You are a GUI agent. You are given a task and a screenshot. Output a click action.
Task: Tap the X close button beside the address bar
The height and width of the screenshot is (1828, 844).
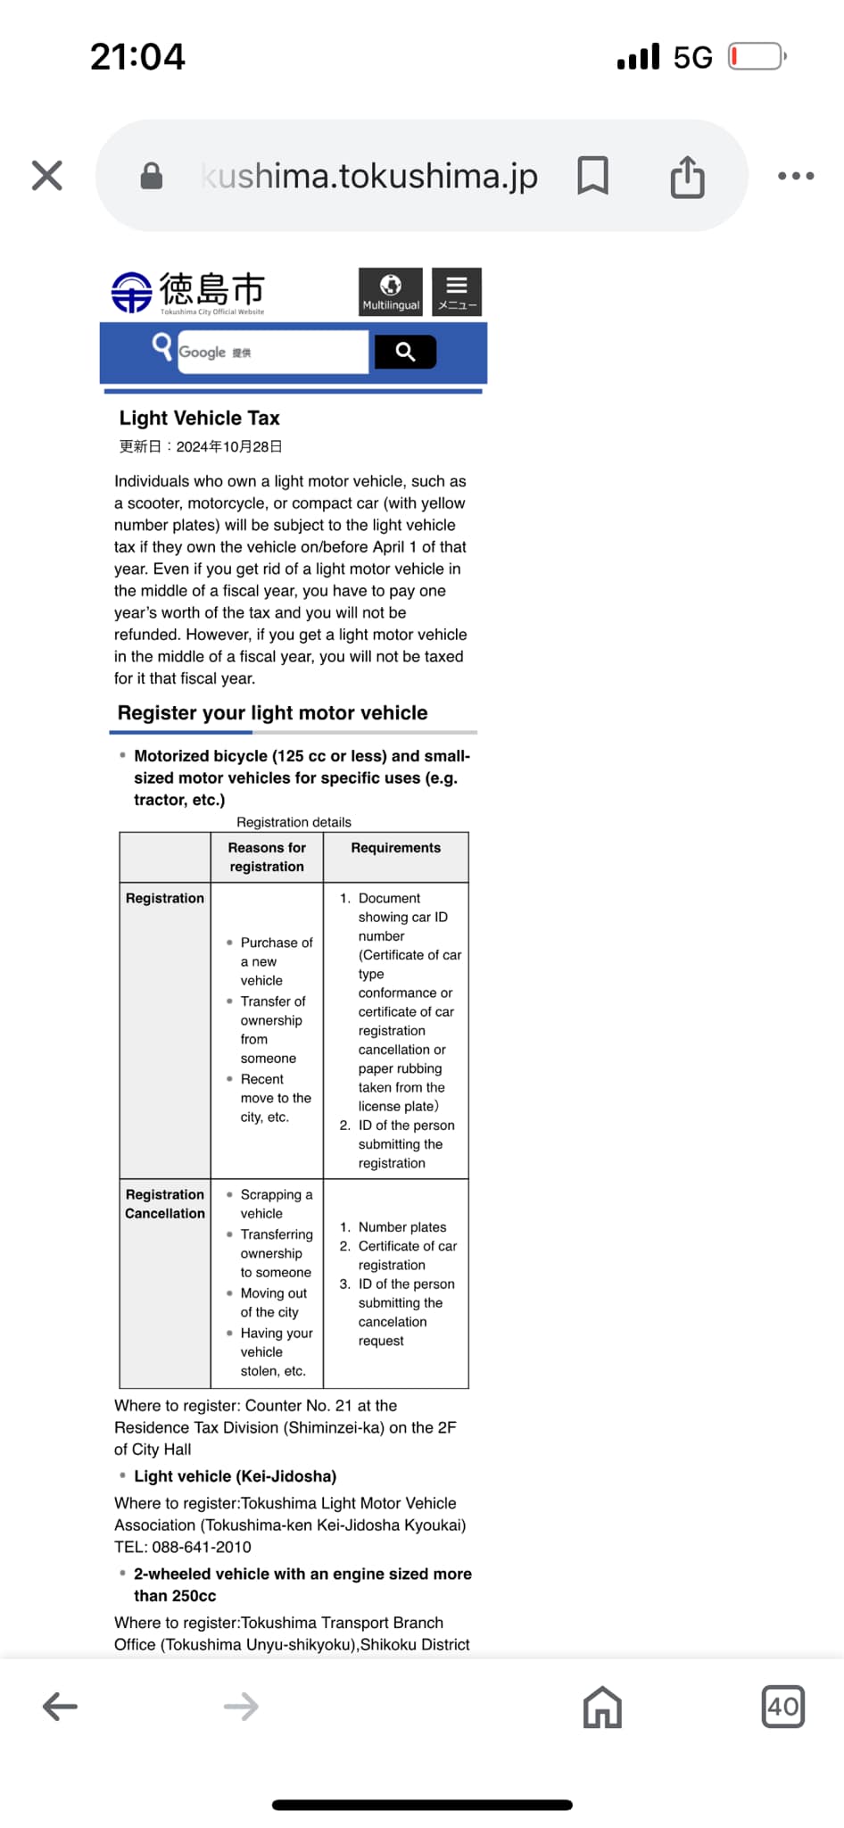(x=47, y=176)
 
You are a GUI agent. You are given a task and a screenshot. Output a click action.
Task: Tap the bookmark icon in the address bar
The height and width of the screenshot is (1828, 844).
(x=593, y=176)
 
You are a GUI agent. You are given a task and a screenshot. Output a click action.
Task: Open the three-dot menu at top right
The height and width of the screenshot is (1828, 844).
(x=796, y=176)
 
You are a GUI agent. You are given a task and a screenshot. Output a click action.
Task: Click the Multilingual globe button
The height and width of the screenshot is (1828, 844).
(x=391, y=292)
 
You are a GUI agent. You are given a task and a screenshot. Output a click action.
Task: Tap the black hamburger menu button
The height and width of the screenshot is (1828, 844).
(x=457, y=292)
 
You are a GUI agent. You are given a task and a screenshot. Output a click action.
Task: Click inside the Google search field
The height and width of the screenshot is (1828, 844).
(x=272, y=353)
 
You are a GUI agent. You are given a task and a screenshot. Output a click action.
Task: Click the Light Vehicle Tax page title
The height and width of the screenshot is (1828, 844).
(x=200, y=419)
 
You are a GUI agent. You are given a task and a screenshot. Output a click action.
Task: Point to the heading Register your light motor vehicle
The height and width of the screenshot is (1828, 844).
(x=273, y=713)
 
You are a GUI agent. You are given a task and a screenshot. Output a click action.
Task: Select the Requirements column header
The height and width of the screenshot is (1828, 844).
(x=396, y=848)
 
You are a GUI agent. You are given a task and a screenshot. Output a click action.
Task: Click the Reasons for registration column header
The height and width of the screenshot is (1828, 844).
(x=267, y=857)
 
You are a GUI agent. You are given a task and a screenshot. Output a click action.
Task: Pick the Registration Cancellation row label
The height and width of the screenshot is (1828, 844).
(x=165, y=1204)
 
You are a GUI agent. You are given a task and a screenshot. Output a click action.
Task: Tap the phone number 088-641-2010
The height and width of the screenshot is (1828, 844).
(x=202, y=1547)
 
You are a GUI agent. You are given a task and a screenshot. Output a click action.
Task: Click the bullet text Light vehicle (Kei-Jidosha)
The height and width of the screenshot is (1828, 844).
(x=236, y=1476)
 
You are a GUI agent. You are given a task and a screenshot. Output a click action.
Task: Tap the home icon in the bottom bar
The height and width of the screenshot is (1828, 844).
(x=602, y=1708)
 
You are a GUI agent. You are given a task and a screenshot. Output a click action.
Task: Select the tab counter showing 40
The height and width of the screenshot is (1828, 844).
(x=783, y=1707)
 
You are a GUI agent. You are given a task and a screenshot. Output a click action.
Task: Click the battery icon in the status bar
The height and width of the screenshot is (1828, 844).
(x=756, y=57)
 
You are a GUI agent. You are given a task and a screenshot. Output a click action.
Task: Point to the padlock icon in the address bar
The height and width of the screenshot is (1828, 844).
(x=152, y=176)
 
